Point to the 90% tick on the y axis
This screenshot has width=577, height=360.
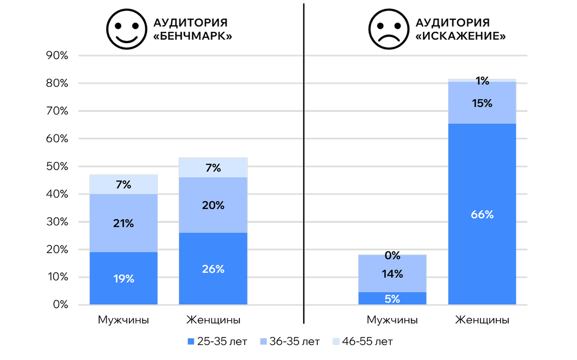pyautogui.click(x=57, y=56)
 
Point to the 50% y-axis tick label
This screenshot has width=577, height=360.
pyautogui.click(x=57, y=167)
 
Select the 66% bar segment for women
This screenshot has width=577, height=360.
pyautogui.click(x=482, y=214)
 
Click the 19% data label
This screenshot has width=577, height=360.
pyautogui.click(x=124, y=279)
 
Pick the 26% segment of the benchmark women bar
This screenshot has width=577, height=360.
pyautogui.click(x=213, y=269)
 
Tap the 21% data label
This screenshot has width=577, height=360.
pyautogui.click(x=124, y=223)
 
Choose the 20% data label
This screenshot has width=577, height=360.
pyautogui.click(x=213, y=205)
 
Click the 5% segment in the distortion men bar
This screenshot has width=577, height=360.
pyautogui.click(x=392, y=298)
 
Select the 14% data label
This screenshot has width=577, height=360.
pyautogui.click(x=392, y=274)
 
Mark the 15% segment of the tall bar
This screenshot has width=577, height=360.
pyautogui.click(x=482, y=103)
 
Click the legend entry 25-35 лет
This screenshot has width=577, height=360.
pyautogui.click(x=217, y=342)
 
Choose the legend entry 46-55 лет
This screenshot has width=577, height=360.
pyautogui.click(x=363, y=342)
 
